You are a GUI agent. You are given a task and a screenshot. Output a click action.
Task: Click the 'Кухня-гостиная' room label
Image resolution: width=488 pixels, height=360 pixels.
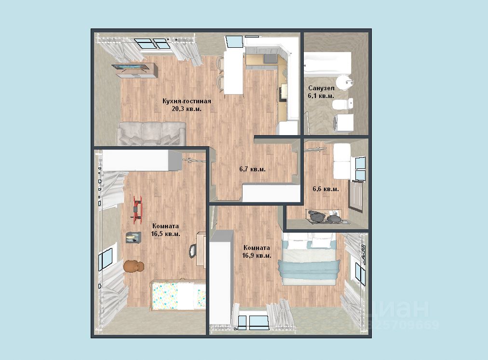pyautogui.click(x=187, y=101)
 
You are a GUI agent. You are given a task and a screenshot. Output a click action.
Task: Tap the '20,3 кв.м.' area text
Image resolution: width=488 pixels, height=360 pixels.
pyautogui.click(x=187, y=109)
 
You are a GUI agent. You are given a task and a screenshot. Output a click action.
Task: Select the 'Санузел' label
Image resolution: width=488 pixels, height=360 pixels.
pyautogui.click(x=322, y=88)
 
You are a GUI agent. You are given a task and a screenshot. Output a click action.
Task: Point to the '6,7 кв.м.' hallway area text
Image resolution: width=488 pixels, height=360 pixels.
pyautogui.click(x=252, y=169)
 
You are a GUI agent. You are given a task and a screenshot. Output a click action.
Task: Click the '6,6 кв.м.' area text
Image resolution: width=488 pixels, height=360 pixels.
pyautogui.click(x=325, y=189)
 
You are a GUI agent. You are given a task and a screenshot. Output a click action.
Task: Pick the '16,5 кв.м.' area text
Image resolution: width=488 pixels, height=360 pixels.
pyautogui.click(x=165, y=234)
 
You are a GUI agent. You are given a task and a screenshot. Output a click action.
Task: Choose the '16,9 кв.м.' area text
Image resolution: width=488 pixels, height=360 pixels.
pyautogui.click(x=257, y=256)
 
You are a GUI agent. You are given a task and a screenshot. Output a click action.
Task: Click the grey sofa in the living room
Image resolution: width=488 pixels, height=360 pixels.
pyautogui.click(x=151, y=134)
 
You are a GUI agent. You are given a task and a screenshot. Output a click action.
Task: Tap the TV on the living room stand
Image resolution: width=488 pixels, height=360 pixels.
pyautogui.click(x=130, y=67)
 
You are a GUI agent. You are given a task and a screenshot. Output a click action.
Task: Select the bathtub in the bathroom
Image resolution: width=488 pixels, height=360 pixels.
pyautogui.click(x=327, y=64)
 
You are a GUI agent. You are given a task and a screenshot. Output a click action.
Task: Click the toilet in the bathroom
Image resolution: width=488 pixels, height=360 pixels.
pyautogui.click(x=343, y=104)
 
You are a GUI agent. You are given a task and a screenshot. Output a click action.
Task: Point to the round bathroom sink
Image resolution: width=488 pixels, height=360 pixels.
pyautogui.click(x=345, y=83)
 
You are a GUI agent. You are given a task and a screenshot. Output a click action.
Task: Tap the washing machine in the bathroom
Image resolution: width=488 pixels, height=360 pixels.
pyautogui.click(x=343, y=123)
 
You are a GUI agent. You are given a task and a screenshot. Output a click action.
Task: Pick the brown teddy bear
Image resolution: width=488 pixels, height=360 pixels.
pyautogui.click(x=134, y=267)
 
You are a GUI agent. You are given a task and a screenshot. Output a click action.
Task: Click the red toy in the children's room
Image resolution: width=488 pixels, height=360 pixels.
pyautogui.click(x=137, y=209)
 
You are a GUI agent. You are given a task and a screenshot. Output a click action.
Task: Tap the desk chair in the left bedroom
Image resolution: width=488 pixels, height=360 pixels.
pyautogui.click(x=193, y=250)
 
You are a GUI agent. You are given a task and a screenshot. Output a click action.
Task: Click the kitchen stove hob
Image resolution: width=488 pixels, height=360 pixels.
pyautogui.click(x=270, y=58)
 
